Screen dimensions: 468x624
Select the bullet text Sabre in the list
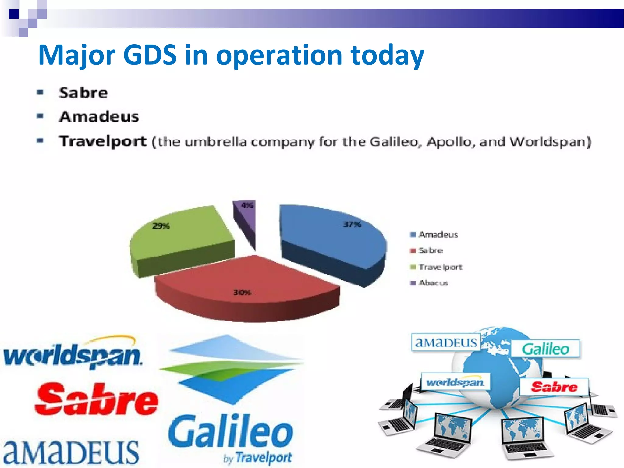(x=83, y=93)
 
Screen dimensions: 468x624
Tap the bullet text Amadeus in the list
(x=99, y=117)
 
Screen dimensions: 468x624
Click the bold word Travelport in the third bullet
(x=103, y=141)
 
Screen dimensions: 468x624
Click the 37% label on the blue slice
(x=352, y=225)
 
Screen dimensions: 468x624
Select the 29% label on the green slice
(x=161, y=226)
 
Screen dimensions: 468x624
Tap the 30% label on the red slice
(x=242, y=293)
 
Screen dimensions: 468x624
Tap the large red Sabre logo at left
(x=97, y=400)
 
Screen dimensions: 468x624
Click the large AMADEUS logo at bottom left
(x=71, y=452)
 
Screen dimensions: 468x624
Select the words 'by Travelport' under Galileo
(x=258, y=458)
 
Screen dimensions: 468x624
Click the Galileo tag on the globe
(x=545, y=349)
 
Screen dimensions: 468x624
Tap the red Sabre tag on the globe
(x=554, y=387)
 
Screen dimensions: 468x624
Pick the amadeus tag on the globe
(x=446, y=343)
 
